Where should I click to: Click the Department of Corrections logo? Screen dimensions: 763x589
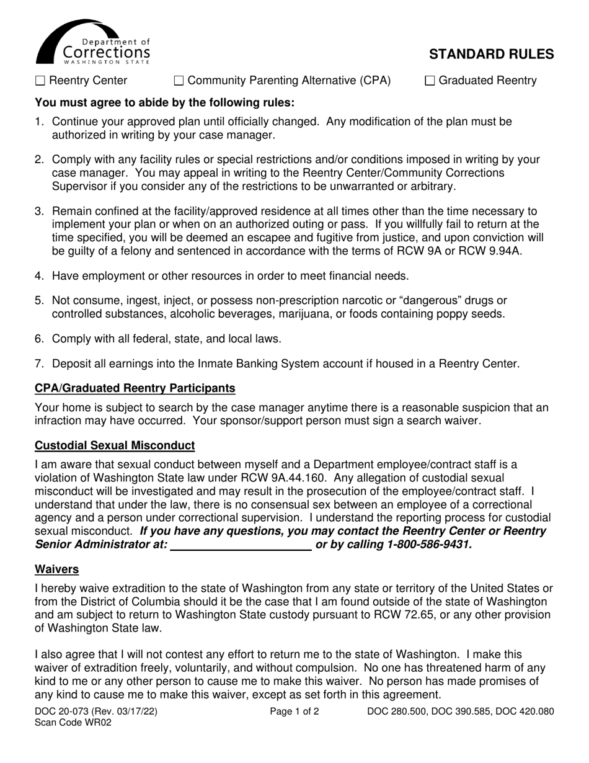[x=93, y=42]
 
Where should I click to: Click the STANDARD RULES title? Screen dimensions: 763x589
[x=492, y=54]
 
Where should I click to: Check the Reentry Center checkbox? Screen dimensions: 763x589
[x=41, y=81]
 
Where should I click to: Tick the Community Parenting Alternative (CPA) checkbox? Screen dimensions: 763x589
[x=179, y=81]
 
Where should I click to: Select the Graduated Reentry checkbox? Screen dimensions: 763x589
[x=431, y=81]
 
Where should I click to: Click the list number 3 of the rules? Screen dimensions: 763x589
[x=39, y=212]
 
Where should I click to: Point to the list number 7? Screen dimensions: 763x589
[x=39, y=364]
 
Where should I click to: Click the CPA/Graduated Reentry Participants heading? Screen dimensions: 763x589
[x=135, y=388]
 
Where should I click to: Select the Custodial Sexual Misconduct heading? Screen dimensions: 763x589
[x=115, y=445]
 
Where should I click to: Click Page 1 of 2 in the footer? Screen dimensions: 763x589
[x=294, y=712]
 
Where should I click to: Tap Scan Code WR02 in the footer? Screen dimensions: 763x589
[x=73, y=723]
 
